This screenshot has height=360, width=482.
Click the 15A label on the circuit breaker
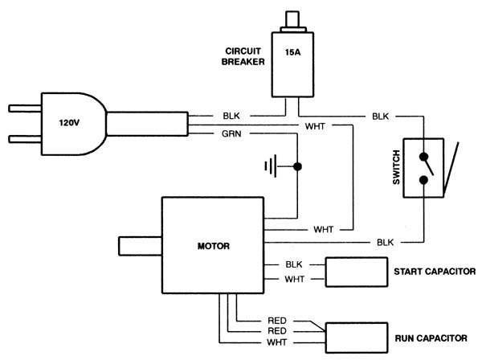point(292,52)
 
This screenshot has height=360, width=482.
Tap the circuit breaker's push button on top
point(292,19)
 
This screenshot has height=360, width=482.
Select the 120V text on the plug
point(69,123)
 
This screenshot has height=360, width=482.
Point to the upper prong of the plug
point(25,108)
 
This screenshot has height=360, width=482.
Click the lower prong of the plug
point(25,139)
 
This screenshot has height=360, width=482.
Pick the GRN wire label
point(231,134)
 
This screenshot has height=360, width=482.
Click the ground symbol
point(271,166)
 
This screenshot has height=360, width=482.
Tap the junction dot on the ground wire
point(297,166)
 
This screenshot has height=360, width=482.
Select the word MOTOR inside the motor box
point(214,246)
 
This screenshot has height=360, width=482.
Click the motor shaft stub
point(141,246)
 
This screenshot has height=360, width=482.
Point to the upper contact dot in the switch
point(423,157)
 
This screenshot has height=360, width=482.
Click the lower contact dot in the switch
point(423,180)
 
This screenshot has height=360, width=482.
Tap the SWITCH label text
point(397,167)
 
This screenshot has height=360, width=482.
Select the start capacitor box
point(357,272)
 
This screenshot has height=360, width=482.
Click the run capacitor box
point(357,337)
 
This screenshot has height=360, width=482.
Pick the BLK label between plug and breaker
point(231,116)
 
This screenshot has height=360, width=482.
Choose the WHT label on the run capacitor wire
point(277,342)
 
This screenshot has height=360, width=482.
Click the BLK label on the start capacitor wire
point(294,264)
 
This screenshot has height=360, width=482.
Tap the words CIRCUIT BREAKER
point(243,56)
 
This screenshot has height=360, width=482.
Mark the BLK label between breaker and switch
point(380,117)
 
